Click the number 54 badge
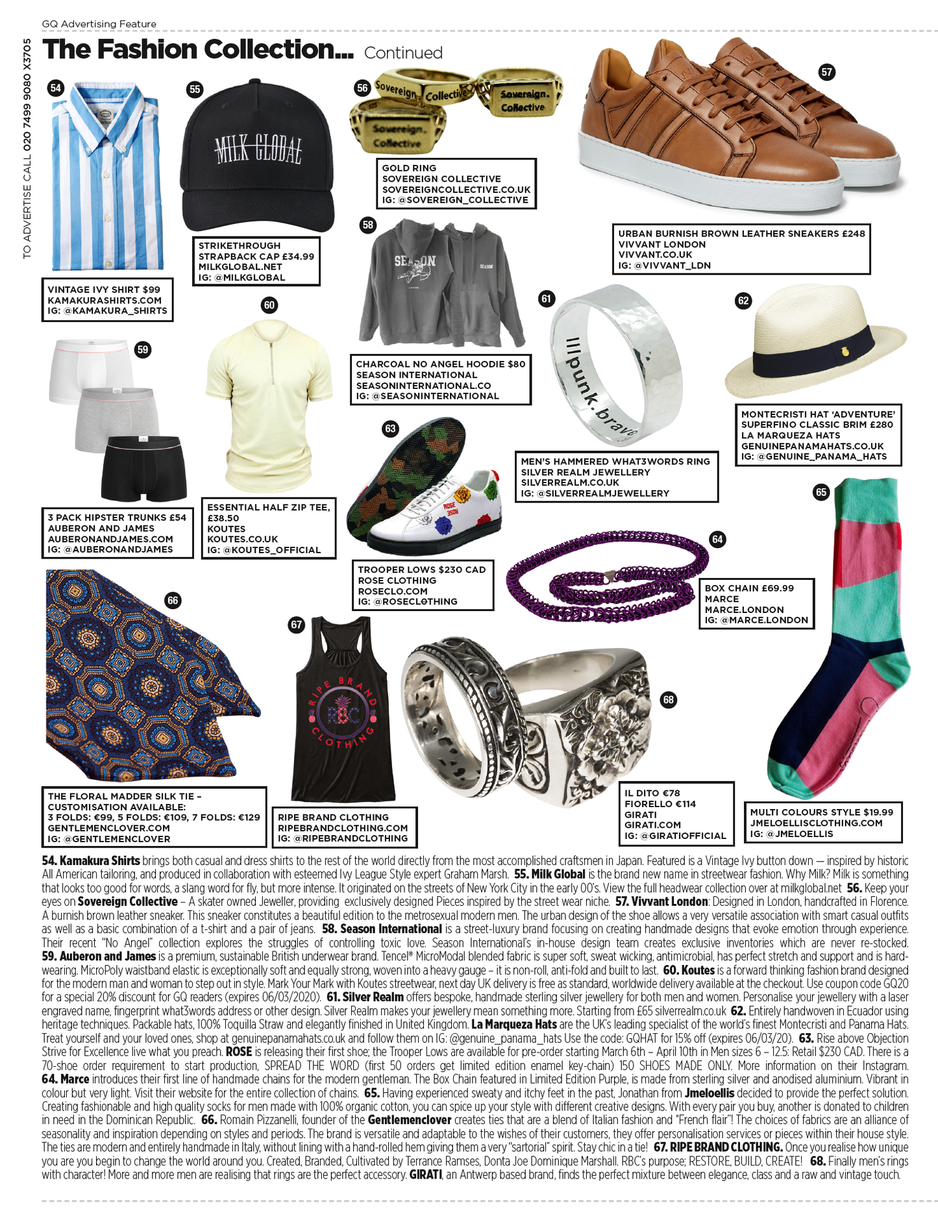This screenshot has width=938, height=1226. [x=56, y=88]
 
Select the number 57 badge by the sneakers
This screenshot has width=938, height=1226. [x=826, y=72]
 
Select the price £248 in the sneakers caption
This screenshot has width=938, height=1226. [x=854, y=234]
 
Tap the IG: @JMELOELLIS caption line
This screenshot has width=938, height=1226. [x=791, y=834]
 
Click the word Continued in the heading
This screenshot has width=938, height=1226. [x=403, y=53]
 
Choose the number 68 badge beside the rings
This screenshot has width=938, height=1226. [x=668, y=699]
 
